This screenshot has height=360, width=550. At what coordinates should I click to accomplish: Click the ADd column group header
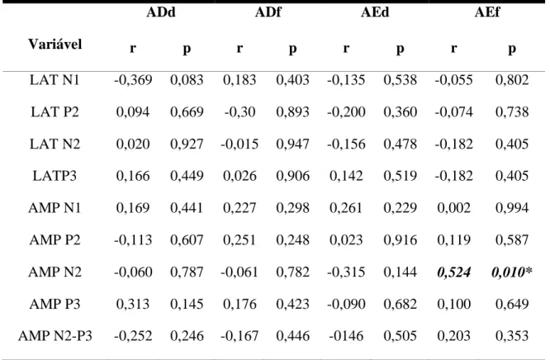pos(161,12)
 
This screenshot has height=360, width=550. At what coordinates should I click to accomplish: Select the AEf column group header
pos(487,12)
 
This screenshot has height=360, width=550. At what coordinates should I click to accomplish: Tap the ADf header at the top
pos(268,12)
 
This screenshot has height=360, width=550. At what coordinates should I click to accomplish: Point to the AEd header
pos(375,12)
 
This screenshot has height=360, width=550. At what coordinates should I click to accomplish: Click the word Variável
pos(55,45)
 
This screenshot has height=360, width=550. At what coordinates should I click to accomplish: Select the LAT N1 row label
pos(55,80)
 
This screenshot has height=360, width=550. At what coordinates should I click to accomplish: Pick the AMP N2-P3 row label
pos(55,336)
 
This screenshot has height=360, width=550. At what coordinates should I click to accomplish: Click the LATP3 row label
pos(55,176)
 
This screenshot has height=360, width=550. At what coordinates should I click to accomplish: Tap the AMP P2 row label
pos(55,240)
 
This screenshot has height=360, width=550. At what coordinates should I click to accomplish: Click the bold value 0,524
pos(454,272)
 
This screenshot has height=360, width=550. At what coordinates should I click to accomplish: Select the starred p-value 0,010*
pos(512,272)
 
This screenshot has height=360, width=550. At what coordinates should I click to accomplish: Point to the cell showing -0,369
pos(133,80)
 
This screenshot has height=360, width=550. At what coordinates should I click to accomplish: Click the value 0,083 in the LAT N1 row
pos(187,80)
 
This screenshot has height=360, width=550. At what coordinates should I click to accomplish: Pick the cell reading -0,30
pos(239,112)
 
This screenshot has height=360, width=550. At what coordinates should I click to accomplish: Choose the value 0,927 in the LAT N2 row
pos(187,144)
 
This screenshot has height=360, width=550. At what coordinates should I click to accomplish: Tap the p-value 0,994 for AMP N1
pos(512,208)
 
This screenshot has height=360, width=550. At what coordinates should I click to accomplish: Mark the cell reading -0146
pos(346,336)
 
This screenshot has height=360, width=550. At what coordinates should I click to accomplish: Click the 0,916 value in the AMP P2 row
pos(401,240)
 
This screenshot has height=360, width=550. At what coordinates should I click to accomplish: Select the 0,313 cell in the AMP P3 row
pos(133,304)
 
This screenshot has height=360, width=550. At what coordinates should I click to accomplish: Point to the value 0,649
pos(512,304)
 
